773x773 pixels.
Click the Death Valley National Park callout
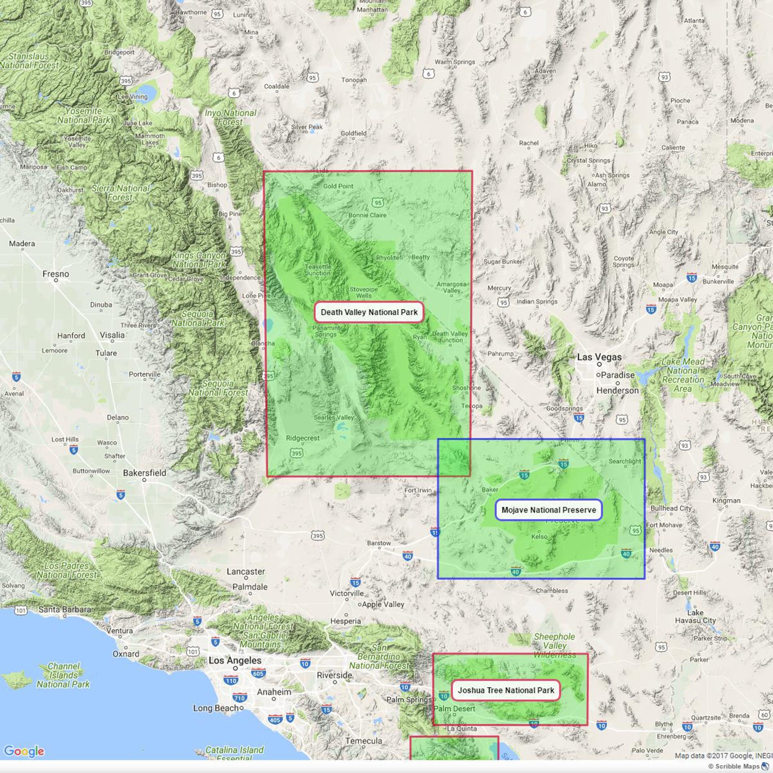369,312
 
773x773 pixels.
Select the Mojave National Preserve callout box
548,510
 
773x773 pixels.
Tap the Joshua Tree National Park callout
506,690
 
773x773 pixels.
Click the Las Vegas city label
599,357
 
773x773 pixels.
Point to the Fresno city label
56,274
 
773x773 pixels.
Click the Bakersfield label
144,473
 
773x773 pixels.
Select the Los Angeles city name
235,660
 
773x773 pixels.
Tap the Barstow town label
379,543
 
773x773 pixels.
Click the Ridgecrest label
302,438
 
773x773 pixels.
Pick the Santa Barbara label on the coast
65,609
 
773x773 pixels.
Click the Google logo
24,751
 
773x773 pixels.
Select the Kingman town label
726,501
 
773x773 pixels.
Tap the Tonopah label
354,80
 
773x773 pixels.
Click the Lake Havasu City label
695,616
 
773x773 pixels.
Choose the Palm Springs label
409,700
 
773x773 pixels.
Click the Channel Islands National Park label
63,675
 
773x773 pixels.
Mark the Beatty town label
420,257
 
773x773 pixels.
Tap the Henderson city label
617,390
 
